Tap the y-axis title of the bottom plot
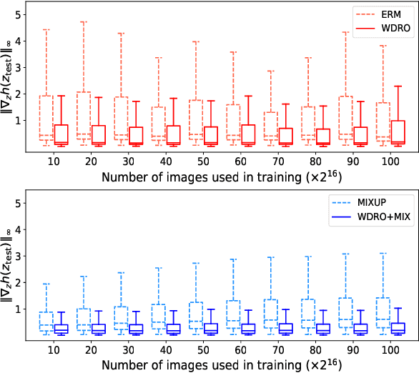[9, 265]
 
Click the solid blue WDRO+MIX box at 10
[61, 329]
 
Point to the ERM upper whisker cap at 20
[84, 21]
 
